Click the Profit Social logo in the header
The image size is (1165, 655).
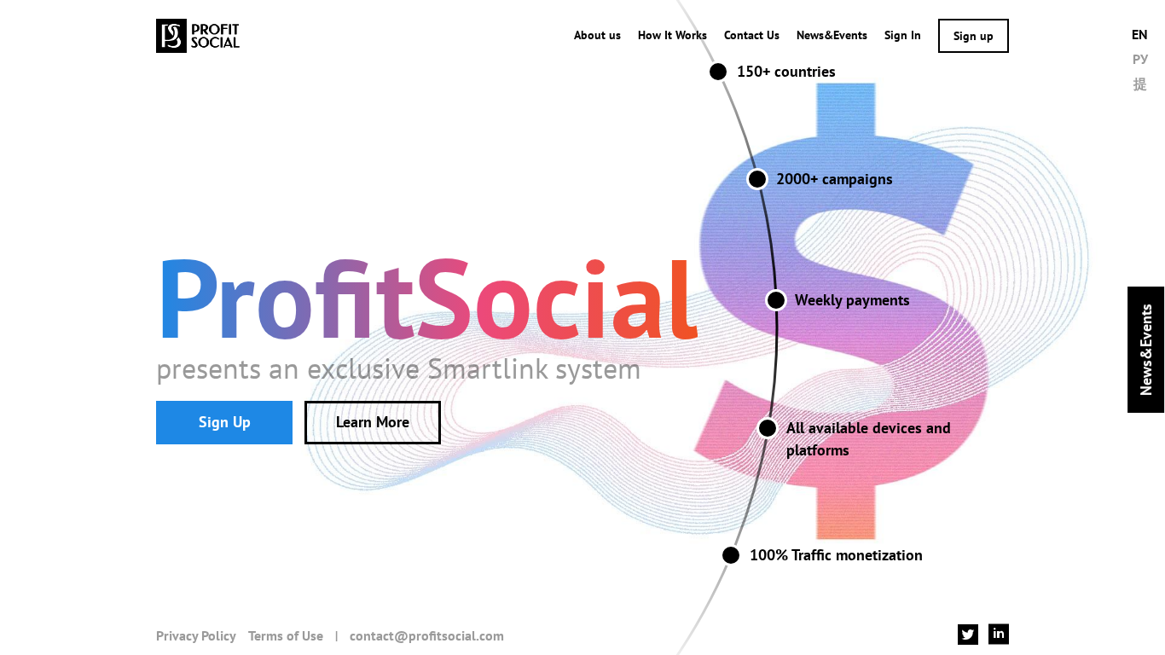click(x=198, y=36)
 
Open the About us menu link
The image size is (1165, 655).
click(x=597, y=36)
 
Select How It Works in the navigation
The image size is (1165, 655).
click(x=672, y=36)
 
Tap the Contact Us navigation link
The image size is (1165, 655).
click(x=751, y=36)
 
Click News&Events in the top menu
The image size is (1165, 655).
click(x=832, y=36)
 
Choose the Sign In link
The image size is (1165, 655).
click(x=902, y=36)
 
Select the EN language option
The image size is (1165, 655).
click(x=1139, y=35)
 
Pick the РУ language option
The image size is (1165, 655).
click(x=1139, y=59)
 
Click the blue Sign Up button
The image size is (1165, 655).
click(x=224, y=422)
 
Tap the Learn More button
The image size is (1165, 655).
click(x=373, y=422)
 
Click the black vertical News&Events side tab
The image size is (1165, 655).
click(x=1145, y=350)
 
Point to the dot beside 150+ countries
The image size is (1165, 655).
click(x=718, y=72)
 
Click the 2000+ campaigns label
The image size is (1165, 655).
click(x=834, y=179)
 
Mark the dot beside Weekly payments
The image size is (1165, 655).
click(x=776, y=300)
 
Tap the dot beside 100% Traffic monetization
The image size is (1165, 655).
click(x=731, y=555)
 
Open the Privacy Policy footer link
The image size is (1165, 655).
click(x=196, y=636)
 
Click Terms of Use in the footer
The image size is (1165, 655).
click(x=286, y=636)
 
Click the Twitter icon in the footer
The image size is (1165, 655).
click(x=968, y=635)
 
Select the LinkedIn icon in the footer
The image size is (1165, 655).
click(x=999, y=634)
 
